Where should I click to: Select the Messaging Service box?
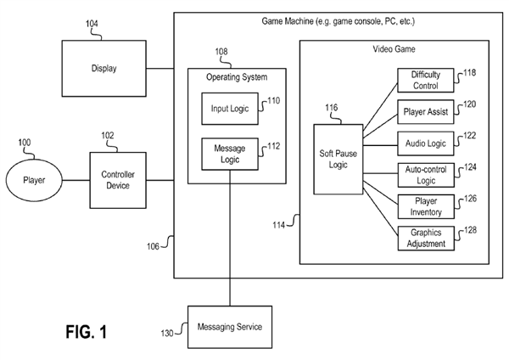click(x=229, y=327)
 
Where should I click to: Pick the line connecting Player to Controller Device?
click(x=77, y=180)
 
